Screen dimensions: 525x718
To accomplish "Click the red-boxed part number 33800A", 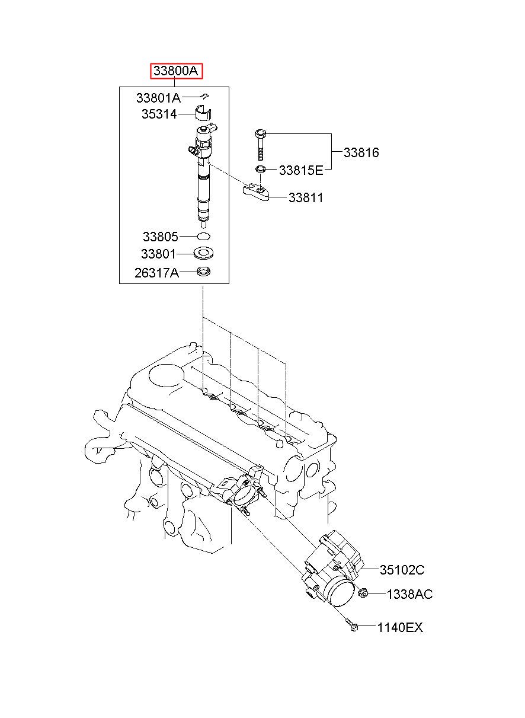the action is tap(176, 71).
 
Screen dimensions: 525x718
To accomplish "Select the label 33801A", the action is tap(159, 98).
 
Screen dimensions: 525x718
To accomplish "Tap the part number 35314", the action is tap(159, 114).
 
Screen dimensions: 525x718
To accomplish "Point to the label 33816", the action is tap(361, 152).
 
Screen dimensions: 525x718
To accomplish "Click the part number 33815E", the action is tap(301, 170).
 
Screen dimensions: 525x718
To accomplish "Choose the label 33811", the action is tap(306, 197).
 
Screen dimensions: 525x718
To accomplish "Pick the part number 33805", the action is tap(160, 237).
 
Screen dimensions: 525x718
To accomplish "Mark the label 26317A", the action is tap(156, 273).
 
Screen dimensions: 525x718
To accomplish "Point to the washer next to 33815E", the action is tap(260, 168).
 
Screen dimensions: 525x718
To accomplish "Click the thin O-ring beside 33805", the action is tap(204, 237).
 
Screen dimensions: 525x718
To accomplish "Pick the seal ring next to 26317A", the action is tap(204, 272).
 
